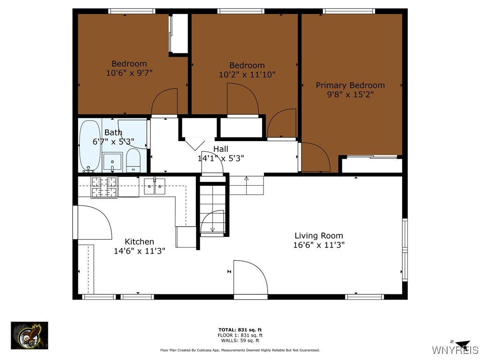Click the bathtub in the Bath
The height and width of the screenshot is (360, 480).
click(x=90, y=146)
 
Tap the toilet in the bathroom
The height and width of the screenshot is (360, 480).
click(x=133, y=161)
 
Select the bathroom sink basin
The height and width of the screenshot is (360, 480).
click(x=112, y=162)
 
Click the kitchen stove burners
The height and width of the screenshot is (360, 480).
click(x=104, y=187)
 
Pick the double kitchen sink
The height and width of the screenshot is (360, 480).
click(x=155, y=186)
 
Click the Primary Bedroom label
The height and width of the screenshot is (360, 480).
click(x=350, y=85)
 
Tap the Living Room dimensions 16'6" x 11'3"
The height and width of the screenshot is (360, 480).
click(x=319, y=245)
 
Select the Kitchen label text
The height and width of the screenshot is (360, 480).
click(x=139, y=241)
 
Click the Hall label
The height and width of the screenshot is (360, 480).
click(x=221, y=149)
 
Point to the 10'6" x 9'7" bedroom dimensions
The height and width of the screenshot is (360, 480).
click(x=129, y=73)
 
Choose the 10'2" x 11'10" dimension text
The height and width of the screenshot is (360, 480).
click(x=247, y=75)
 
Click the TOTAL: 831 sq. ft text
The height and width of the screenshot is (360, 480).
click(x=240, y=330)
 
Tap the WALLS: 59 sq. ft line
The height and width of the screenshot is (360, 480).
click(x=240, y=340)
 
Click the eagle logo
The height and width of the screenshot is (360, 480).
click(x=30, y=336)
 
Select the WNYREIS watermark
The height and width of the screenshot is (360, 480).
click(x=455, y=349)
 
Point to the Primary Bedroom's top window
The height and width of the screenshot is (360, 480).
click(x=349, y=11)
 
